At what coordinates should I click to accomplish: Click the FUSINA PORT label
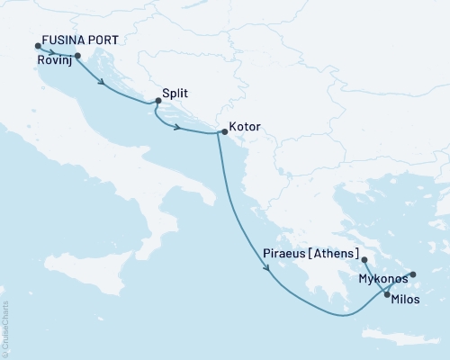[x=80, y=42]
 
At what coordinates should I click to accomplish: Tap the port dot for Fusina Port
[x=37, y=47]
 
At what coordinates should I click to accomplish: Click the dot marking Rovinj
[x=77, y=56]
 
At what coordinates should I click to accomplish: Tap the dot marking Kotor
[x=224, y=132]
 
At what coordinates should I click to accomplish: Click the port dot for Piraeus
[x=364, y=260]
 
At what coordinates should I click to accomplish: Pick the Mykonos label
[x=384, y=280]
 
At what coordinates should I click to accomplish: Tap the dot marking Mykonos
[x=413, y=274]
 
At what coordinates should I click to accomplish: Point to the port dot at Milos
[x=387, y=294]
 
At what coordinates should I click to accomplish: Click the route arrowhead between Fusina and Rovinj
[x=56, y=51]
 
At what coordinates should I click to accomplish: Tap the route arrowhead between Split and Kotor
[x=179, y=128]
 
